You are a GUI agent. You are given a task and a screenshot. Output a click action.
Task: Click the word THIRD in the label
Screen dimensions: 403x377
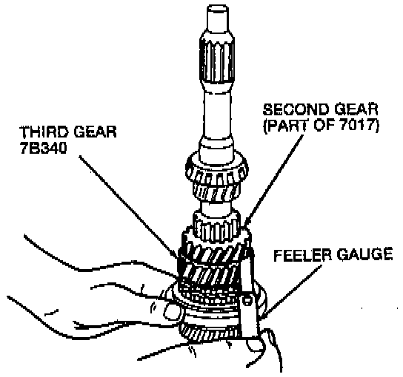[44, 132]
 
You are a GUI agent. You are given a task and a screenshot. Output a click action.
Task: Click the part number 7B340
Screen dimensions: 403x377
[44, 148]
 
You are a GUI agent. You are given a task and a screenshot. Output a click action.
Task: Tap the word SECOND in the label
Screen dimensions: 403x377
[293, 109]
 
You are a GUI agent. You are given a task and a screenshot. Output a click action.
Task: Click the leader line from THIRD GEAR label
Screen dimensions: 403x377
[128, 206]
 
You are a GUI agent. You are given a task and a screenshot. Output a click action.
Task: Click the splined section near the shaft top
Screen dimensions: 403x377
[217, 61]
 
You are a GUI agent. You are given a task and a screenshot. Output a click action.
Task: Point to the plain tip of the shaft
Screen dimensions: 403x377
[218, 17]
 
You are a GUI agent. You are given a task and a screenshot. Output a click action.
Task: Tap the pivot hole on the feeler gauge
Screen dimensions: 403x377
[247, 300]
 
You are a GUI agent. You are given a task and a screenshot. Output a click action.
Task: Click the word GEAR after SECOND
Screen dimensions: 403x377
[351, 109]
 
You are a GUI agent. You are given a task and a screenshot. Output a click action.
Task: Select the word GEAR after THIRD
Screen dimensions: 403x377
[95, 132]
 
